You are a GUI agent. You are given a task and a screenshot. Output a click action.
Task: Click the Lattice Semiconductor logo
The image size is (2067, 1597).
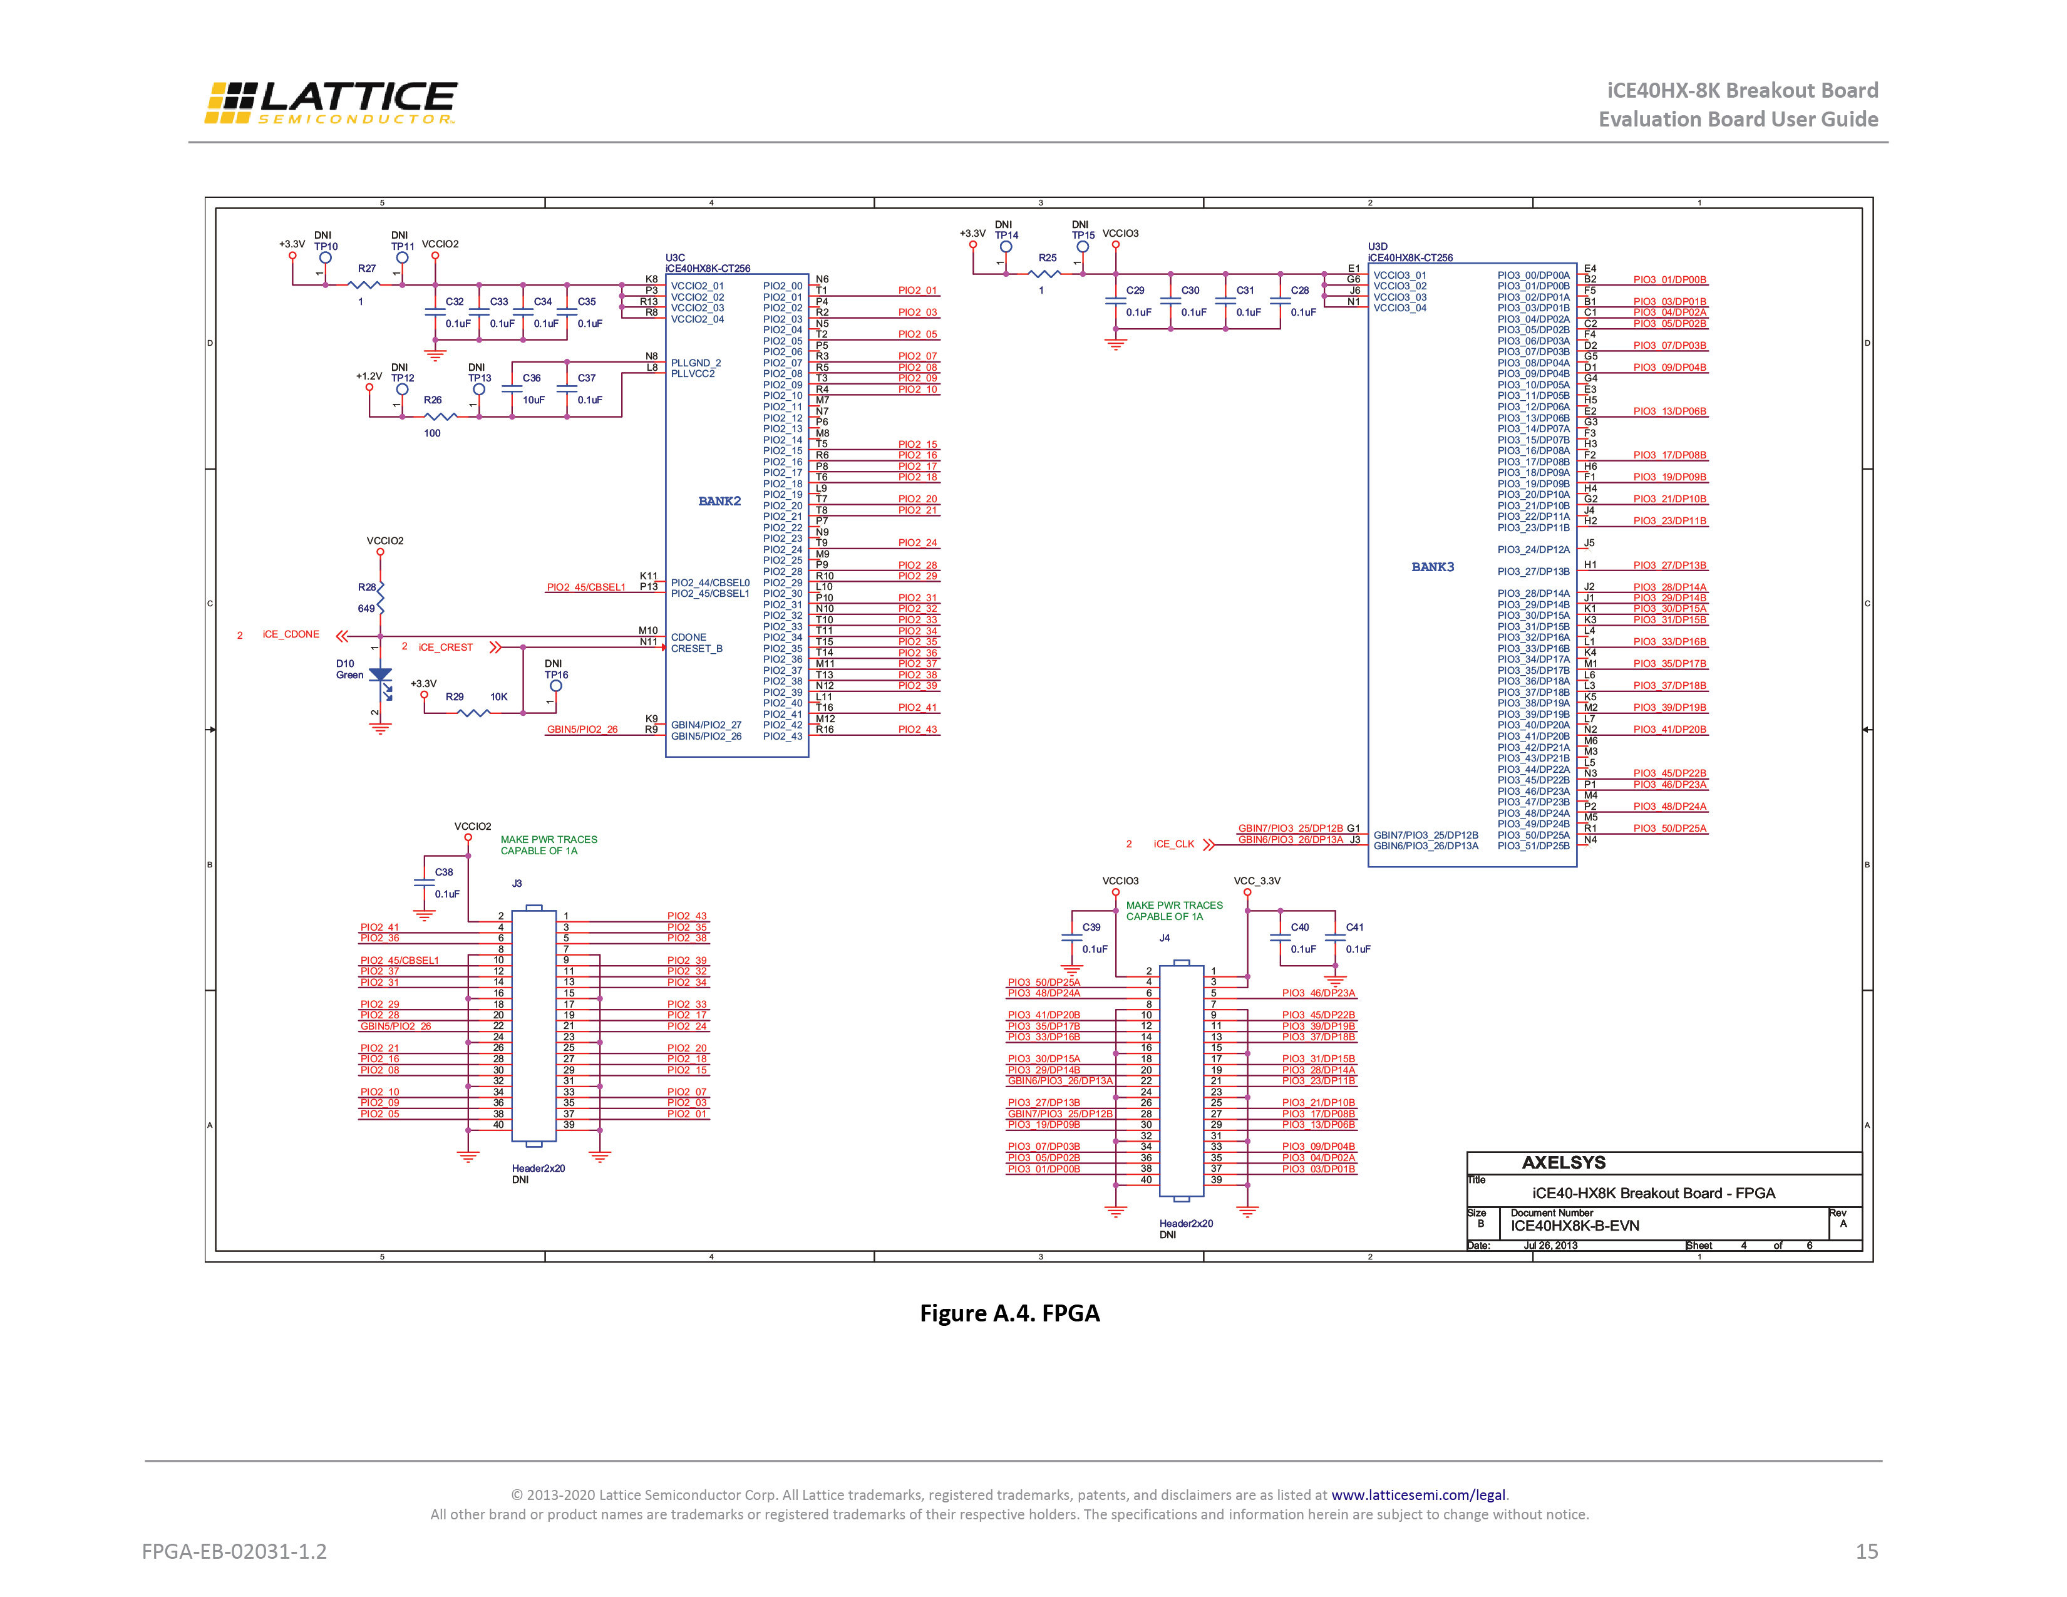pyautogui.click(x=330, y=102)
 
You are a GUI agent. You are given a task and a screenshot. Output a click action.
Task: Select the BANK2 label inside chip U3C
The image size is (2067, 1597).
pyautogui.click(x=719, y=501)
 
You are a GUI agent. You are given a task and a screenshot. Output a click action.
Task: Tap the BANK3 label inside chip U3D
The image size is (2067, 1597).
pyautogui.click(x=1432, y=567)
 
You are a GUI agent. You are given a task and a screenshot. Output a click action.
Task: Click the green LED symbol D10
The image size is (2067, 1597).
pyautogui.click(x=381, y=675)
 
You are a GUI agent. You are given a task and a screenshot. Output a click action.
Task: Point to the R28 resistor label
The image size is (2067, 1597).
pyautogui.click(x=367, y=587)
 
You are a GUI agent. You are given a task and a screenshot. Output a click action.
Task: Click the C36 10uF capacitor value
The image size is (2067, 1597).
pyautogui.click(x=534, y=400)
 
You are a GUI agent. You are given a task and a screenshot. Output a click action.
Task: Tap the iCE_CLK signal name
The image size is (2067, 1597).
pyautogui.click(x=1173, y=844)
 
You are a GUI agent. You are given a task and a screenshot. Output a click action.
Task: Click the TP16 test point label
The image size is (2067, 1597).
pyautogui.click(x=557, y=675)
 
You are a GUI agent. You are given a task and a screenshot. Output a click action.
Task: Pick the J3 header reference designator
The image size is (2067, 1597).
pyautogui.click(x=517, y=883)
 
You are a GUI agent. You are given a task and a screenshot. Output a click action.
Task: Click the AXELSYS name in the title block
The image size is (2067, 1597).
pyautogui.click(x=1564, y=1162)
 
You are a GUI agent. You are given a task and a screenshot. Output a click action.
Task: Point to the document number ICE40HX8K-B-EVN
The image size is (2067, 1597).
pyautogui.click(x=1575, y=1226)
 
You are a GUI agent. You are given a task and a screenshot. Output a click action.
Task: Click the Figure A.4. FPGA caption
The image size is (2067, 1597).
pyautogui.click(x=1010, y=1313)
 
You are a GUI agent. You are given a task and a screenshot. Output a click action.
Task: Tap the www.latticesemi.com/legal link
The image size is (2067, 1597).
pyautogui.click(x=1418, y=1495)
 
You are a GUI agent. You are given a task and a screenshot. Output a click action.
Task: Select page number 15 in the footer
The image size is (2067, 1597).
pyautogui.click(x=1867, y=1551)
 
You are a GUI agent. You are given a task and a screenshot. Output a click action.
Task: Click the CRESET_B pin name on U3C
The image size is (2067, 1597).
pyautogui.click(x=696, y=648)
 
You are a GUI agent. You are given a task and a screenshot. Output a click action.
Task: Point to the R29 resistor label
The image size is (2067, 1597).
pyautogui.click(x=455, y=697)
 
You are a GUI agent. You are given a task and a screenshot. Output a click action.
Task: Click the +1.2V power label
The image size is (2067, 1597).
pyautogui.click(x=369, y=376)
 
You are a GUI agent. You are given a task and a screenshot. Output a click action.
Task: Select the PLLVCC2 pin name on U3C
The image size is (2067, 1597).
pyautogui.click(x=693, y=374)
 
